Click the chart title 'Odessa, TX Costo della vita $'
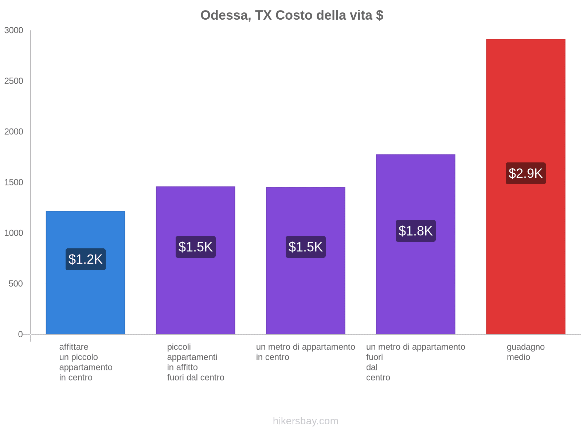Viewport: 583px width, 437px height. (291, 15)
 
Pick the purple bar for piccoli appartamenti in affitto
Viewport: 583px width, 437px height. (195, 291)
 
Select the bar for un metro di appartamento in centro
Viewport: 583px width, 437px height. (305, 291)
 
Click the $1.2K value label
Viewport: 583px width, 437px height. (86, 259)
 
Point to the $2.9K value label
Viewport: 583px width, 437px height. (525, 173)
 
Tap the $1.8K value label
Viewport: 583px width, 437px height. (415, 231)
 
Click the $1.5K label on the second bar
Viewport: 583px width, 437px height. (196, 247)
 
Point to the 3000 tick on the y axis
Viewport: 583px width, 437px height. (14, 31)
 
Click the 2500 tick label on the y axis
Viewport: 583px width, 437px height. (14, 81)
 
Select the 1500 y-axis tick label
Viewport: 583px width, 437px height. (14, 182)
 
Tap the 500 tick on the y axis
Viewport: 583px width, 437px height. (16, 284)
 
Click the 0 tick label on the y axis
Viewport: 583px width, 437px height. (20, 334)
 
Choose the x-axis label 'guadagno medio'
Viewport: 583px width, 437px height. (525, 352)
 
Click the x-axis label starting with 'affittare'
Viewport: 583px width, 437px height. (86, 362)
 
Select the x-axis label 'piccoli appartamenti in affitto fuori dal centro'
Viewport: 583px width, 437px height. (195, 362)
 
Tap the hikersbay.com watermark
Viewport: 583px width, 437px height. (305, 421)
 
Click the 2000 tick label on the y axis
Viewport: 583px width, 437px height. (14, 132)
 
